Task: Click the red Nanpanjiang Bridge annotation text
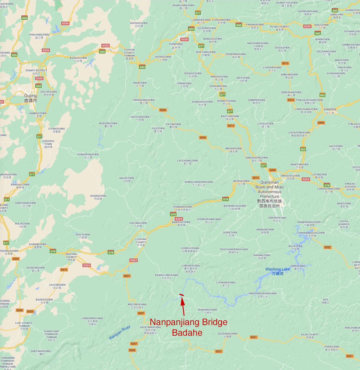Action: pos(188,327)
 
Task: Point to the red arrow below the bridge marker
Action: pos(183,306)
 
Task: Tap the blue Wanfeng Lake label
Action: pos(278,271)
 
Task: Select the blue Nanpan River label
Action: pos(119,332)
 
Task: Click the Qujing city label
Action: pos(30,98)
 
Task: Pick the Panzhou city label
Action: pos(176,46)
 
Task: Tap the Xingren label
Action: pos(330,111)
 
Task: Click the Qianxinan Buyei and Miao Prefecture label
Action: pos(270,194)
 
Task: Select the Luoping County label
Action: pos(141,242)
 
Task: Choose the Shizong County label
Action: pos(71,257)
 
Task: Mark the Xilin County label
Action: pos(310,336)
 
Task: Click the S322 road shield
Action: pos(327,247)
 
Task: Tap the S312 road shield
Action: pos(64,270)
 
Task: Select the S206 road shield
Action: pos(132,350)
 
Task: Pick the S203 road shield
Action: pos(30,311)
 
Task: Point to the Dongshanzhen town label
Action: pos(88,156)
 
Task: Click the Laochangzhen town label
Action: pos(187,162)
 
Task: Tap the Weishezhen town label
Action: pos(233,150)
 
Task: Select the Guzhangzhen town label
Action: pos(227,335)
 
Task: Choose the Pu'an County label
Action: pos(279,28)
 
